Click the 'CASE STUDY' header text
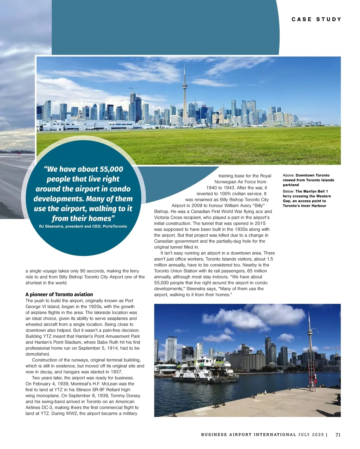coord(316,19)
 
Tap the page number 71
coord(338,435)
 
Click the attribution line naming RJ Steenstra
coord(83,226)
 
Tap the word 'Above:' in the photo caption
coord(289,175)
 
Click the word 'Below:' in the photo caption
coord(289,191)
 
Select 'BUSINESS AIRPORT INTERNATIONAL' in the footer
coord(248,435)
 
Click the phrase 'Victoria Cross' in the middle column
coord(168,217)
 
